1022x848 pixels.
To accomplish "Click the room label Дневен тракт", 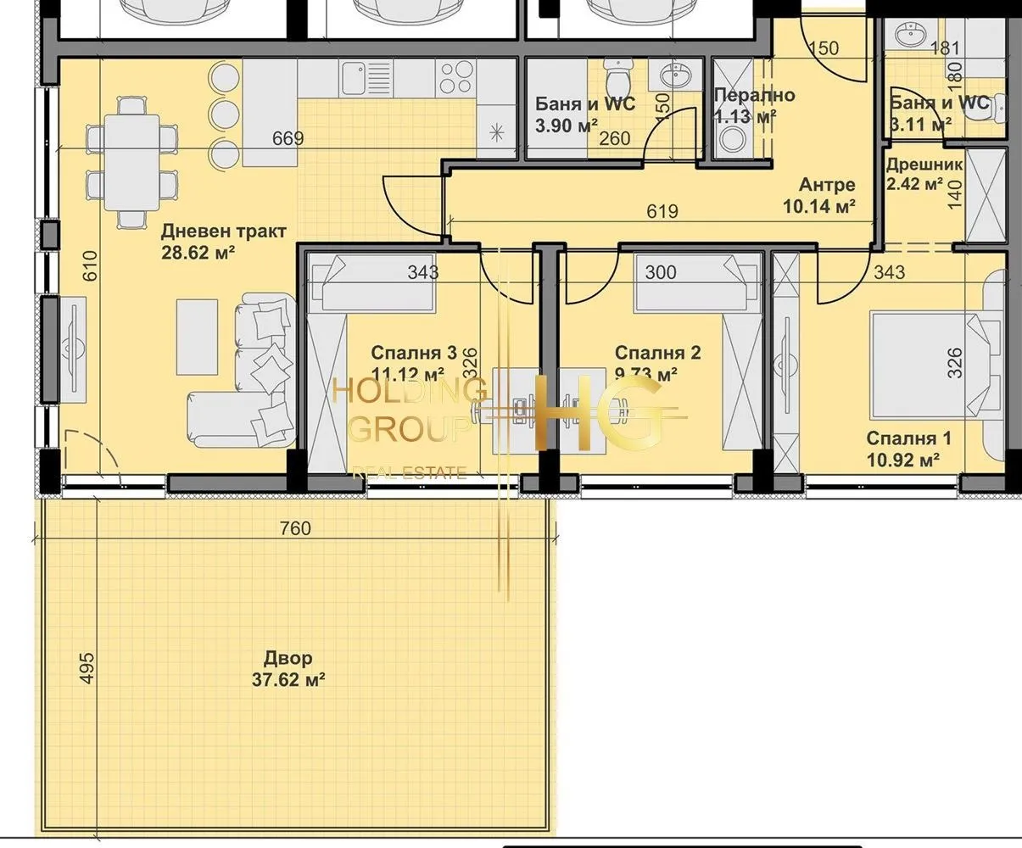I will coord(224,231).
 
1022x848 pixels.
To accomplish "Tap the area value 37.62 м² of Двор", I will coord(288,679).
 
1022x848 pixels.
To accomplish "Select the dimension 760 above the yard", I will coord(295,528).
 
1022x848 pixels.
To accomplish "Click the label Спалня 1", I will coord(908,438).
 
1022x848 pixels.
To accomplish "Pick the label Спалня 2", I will coord(657,353).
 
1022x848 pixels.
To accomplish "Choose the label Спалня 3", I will coord(414,353).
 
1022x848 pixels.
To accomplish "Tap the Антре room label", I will coord(827,185).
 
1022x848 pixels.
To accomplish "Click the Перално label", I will coord(754,95).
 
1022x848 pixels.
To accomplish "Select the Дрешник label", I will coord(924,165).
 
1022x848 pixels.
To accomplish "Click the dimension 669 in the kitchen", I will coord(288,138).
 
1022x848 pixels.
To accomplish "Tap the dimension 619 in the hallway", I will coord(662,211).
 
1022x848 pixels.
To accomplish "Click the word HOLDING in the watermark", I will coord(410,392).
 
